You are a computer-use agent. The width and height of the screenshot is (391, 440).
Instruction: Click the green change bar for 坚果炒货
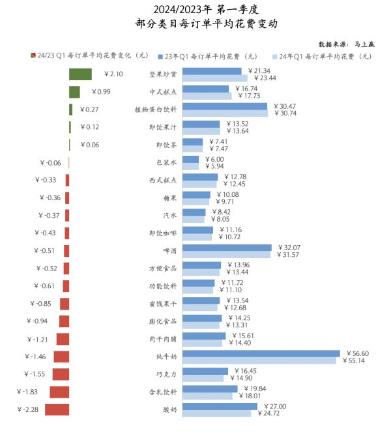[80, 74]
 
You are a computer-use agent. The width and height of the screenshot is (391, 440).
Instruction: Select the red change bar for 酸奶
[57, 409]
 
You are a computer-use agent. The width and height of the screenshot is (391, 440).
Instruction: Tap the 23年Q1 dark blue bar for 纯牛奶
[261, 353]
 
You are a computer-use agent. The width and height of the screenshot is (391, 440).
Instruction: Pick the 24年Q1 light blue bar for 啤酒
[226, 255]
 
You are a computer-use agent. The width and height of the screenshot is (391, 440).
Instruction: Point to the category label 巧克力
[166, 374]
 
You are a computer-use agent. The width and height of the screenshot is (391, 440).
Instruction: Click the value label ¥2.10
[109, 74]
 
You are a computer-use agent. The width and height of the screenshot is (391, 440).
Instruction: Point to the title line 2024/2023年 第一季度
[195, 10]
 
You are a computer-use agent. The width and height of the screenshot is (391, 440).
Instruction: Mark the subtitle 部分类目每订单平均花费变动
[195, 24]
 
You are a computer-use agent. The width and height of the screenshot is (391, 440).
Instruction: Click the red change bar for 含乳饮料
[59, 392]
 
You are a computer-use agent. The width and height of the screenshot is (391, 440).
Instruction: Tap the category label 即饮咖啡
[162, 233]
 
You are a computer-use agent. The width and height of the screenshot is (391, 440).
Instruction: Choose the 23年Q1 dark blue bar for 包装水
[190, 159]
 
